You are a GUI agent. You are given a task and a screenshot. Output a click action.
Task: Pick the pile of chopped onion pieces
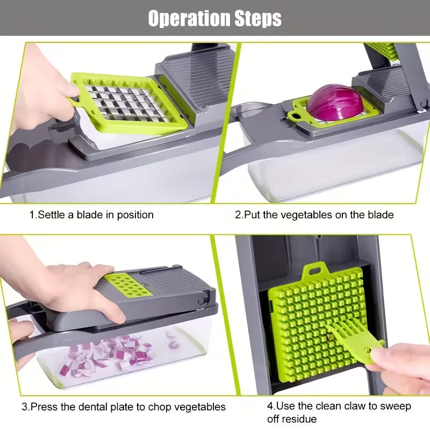[113, 352]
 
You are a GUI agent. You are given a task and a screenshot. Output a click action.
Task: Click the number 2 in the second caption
[238, 215]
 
